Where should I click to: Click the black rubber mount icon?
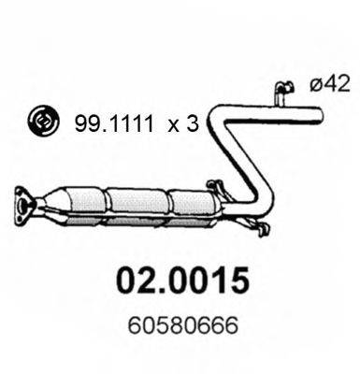43,122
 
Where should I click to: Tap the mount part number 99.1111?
114,123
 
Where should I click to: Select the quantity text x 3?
183,124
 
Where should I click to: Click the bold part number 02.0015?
183,280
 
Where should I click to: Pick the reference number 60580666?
183,325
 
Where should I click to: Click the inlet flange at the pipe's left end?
25,206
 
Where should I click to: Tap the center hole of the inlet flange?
22,206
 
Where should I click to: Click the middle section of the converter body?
138,202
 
